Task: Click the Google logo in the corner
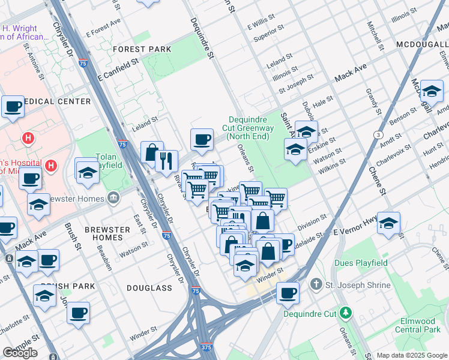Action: [20, 353]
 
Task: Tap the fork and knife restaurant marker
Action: [166, 161]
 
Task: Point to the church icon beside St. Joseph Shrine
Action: [316, 284]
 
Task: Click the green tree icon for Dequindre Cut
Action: [345, 313]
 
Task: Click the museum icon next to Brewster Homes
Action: [113, 199]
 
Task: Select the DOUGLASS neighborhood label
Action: [149, 288]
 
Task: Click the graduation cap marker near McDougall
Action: [432, 91]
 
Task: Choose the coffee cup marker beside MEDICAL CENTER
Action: [13, 107]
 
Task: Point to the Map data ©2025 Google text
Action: [411, 355]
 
